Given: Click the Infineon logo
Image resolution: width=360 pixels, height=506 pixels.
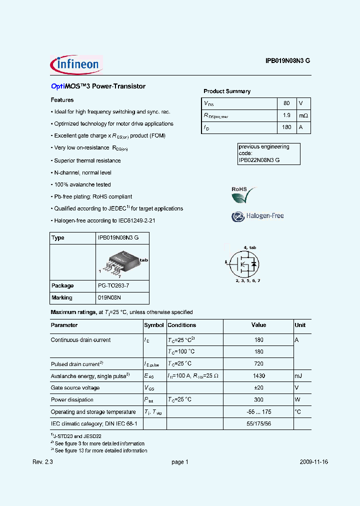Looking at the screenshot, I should (76, 64).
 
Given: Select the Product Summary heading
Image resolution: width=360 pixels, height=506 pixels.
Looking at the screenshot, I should (227, 91).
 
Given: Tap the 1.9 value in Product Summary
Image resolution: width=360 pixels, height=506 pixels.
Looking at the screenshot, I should (286, 115).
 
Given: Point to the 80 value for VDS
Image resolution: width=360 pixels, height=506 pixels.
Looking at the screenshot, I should (286, 103).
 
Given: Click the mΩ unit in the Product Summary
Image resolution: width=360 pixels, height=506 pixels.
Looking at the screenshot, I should (303, 115).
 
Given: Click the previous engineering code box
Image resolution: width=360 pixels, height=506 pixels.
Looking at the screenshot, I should (268, 153).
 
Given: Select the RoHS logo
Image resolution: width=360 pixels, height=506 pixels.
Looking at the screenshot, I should (243, 194).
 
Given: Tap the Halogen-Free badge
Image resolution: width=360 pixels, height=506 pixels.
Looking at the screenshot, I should (257, 216).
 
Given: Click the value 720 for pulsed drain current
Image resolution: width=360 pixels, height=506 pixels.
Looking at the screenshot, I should (258, 364).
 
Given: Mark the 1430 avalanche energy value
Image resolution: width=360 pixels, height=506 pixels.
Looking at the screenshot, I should (258, 376).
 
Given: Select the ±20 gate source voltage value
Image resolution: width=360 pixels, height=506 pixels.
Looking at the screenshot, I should (258, 388).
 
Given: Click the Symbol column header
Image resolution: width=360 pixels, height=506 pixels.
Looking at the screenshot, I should (154, 325).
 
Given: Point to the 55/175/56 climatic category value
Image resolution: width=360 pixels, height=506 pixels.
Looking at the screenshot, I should (258, 424).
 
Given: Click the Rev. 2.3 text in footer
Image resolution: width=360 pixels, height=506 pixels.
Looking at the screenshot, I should (42, 462).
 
